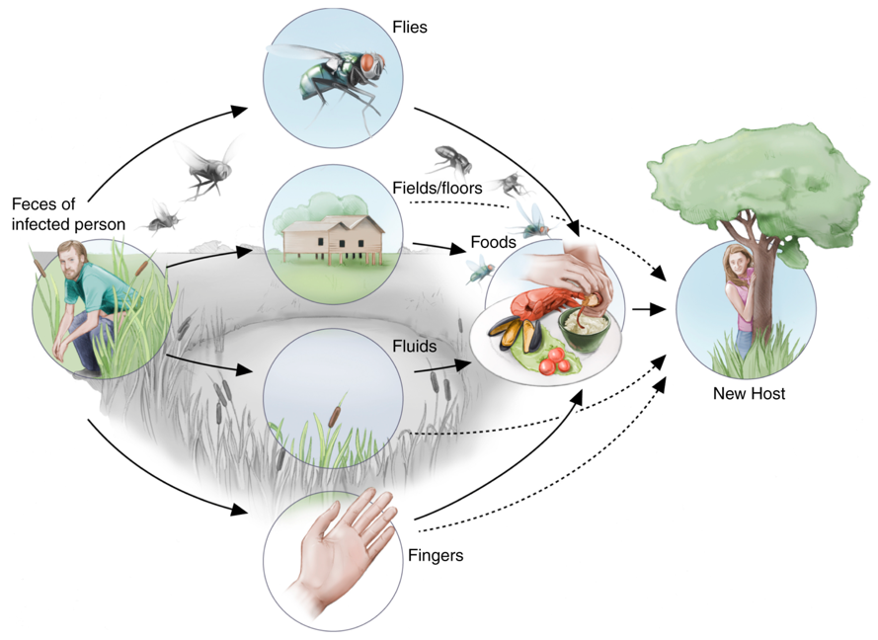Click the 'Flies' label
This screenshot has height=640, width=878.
coord(409,27)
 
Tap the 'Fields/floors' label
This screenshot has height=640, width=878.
coord(438,188)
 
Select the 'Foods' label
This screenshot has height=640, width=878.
coord(493,242)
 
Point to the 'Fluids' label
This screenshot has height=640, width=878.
coord(415,346)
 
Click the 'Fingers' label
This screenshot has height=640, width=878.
coord(436,555)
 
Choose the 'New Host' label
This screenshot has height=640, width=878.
coord(749,394)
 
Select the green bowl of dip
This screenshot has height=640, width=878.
coord(584,329)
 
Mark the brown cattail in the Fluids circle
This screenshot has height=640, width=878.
coord(334,416)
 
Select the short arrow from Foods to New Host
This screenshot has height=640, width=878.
coord(649,308)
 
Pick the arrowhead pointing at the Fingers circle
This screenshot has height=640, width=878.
coord(239,510)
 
